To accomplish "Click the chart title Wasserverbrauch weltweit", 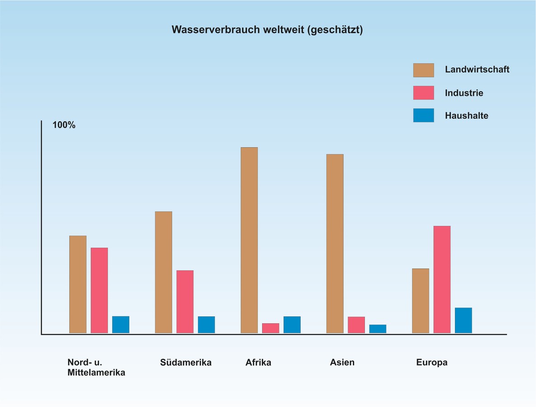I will [x=267, y=30].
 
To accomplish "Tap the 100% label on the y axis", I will [x=64, y=125].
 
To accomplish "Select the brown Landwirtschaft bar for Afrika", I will [x=249, y=240].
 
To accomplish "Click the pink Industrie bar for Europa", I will [x=442, y=279].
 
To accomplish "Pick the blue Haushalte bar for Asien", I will [x=378, y=329].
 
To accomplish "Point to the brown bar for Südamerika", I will [x=163, y=272].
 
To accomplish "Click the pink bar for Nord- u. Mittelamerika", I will [x=99, y=290].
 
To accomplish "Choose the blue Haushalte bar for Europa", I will [x=463, y=320].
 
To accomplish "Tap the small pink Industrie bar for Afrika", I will [x=270, y=328].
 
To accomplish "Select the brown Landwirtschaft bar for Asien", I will [x=335, y=244].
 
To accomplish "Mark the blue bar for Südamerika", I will [x=206, y=325].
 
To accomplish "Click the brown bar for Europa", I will [x=421, y=301].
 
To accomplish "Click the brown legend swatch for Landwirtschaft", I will [x=423, y=70].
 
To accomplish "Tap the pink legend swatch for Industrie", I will [x=423, y=93].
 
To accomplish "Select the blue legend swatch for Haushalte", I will [x=423, y=115].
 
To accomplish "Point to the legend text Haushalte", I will [x=466, y=115].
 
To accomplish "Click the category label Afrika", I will [x=258, y=362].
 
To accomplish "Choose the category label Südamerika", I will [x=185, y=362].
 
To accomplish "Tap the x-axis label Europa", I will [x=432, y=362].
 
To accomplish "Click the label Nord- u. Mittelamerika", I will [x=96, y=368].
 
